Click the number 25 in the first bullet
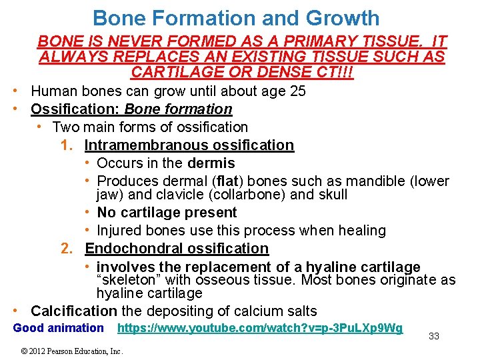point(294,91)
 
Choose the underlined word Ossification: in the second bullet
point(75,109)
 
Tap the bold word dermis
point(211,163)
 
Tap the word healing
point(362,231)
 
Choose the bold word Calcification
point(74,311)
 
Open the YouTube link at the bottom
point(259,328)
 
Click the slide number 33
point(433,336)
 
